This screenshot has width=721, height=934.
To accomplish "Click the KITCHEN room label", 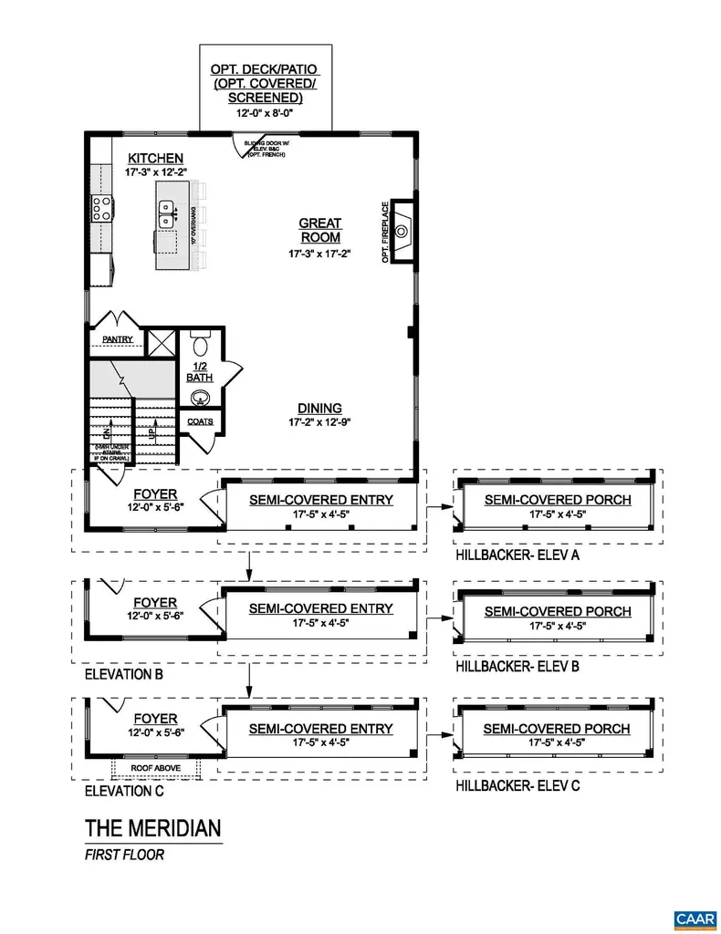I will point(155,159).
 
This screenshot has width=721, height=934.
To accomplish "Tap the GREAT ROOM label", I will point(320,230).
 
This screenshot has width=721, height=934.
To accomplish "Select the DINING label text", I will point(319,408).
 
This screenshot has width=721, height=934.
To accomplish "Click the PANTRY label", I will point(118,339).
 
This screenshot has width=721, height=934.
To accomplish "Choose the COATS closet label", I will point(200,421).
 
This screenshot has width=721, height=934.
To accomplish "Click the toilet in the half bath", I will point(201,347).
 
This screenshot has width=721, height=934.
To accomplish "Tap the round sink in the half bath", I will point(200,397).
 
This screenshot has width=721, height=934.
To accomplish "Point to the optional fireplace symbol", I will point(402,230).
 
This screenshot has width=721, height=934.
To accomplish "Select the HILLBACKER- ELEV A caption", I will point(517,554).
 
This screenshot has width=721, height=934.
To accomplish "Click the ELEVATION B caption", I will point(124,677).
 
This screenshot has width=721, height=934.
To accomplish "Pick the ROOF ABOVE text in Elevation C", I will point(155,768).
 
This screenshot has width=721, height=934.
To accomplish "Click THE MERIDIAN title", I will point(152,828).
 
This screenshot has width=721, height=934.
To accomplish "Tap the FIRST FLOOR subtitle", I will point(124,856).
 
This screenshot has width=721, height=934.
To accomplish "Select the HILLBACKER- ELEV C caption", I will point(517,785).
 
